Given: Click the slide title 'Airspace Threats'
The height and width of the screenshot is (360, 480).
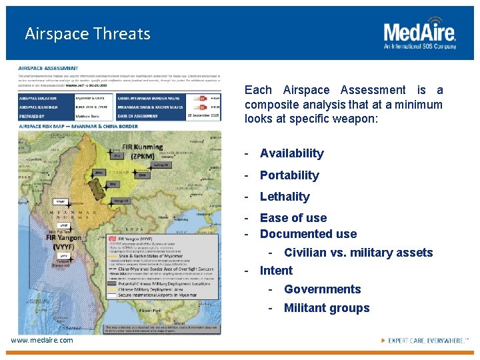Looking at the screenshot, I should (x=87, y=34).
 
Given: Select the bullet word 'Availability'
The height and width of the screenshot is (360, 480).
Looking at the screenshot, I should (x=291, y=153).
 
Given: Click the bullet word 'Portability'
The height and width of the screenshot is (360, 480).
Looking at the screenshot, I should (x=289, y=175).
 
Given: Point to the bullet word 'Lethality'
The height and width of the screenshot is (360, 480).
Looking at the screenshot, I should (x=285, y=197).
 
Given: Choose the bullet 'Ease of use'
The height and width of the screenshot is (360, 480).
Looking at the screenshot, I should (x=293, y=218).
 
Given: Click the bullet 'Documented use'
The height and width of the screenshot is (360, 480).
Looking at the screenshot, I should (x=308, y=234).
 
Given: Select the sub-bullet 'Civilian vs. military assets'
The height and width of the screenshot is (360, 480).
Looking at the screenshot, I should (x=358, y=253).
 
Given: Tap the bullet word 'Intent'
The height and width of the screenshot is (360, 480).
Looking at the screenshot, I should (x=276, y=271).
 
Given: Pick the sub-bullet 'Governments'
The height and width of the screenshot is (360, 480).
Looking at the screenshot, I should (x=322, y=289).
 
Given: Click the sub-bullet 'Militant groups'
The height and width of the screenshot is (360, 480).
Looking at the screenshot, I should (x=327, y=308).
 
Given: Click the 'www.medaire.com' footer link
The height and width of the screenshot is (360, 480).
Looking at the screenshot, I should (x=42, y=341).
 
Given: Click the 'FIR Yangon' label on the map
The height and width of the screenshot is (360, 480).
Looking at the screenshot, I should (x=64, y=241).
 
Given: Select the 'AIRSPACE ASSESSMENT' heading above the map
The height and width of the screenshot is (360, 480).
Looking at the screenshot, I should (x=48, y=68).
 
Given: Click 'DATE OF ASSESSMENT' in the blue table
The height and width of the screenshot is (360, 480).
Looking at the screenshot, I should (x=141, y=116).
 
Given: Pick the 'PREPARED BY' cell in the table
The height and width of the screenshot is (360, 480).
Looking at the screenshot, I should (x=37, y=116).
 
